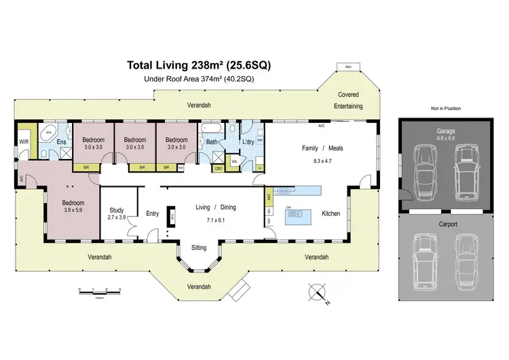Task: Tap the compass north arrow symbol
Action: coord(317,294)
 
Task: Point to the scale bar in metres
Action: coord(99,290)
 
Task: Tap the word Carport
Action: coord(447,223)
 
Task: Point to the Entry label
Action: coord(153,213)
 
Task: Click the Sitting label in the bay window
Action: coord(199,247)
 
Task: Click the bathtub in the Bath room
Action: coord(207,127)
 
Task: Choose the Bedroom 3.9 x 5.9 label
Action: coord(73,206)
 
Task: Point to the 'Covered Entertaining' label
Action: coord(347,101)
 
